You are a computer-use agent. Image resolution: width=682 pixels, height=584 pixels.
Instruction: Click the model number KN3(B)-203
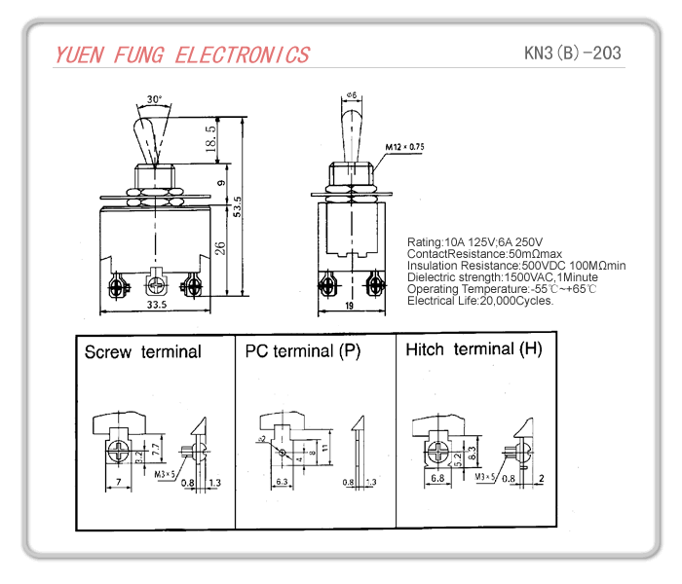point(572,53)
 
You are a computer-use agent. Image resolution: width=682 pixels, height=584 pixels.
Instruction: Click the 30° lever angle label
point(155,99)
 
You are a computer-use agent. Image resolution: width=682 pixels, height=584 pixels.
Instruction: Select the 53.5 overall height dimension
point(237,207)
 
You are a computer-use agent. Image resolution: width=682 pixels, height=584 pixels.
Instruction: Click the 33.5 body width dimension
point(155,305)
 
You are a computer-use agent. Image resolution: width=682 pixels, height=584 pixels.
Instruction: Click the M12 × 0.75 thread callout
point(404,147)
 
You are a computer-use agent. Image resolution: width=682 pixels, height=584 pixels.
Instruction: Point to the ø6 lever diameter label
point(351,95)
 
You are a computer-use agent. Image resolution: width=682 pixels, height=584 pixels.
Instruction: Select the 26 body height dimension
point(220,247)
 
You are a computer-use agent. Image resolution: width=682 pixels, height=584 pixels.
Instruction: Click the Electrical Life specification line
point(480,301)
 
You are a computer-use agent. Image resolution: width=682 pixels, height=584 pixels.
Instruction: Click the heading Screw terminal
point(142,351)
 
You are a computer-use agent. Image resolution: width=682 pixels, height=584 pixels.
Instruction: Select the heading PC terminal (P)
point(302,351)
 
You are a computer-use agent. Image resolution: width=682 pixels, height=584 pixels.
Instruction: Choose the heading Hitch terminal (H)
point(474,348)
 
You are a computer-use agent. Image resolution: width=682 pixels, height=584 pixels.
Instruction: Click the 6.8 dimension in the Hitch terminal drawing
point(436,479)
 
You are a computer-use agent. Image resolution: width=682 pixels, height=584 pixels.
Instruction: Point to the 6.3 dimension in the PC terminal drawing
point(281,482)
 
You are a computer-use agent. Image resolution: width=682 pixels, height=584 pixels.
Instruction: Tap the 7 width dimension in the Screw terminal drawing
point(117,483)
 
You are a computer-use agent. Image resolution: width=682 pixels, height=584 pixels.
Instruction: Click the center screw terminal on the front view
point(155,285)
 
